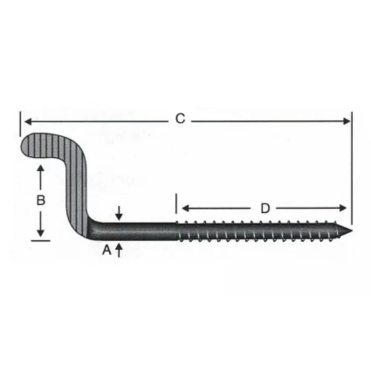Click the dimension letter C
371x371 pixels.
tap(180, 118)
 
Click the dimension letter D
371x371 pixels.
tap(265, 208)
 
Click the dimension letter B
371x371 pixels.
tap(41, 200)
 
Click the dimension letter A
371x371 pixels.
tap(107, 250)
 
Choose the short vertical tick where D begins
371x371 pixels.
tap(176, 204)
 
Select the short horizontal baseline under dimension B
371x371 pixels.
tap(41, 241)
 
